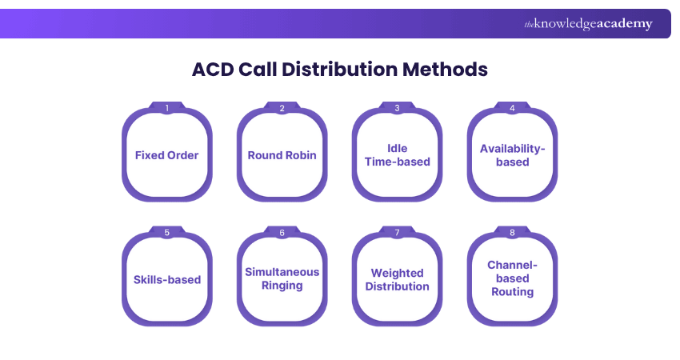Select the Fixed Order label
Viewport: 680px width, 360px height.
pos(166,155)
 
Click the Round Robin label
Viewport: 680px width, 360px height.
pos(282,155)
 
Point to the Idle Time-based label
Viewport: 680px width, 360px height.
pos(398,155)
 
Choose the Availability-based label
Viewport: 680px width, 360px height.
pos(512,155)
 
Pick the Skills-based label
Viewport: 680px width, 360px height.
pos(166,280)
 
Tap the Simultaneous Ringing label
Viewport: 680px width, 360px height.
pos(282,278)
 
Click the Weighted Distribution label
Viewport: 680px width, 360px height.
pos(398,280)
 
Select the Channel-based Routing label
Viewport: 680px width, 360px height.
pos(512,278)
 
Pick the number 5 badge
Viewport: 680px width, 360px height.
pos(166,233)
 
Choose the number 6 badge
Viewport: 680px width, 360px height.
pos(282,233)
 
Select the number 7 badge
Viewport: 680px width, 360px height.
pos(398,233)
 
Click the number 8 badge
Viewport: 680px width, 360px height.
pos(512,233)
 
